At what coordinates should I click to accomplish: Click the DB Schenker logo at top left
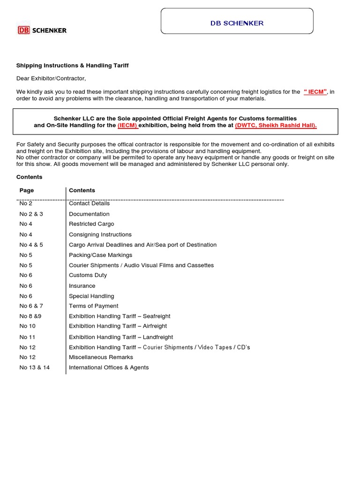42,30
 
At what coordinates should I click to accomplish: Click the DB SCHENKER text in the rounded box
237,23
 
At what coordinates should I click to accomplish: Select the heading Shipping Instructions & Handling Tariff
72,66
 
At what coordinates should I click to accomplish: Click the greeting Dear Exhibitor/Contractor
51,78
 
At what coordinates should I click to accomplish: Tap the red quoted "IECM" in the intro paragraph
315,92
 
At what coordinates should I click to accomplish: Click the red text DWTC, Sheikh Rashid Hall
276,126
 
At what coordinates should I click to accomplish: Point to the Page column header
27,190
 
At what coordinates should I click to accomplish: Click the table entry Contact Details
89,203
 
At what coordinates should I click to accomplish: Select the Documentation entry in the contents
89,214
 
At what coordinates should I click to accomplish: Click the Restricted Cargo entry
91,224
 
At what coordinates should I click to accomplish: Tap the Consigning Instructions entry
100,234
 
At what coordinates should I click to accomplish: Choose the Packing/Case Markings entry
100,255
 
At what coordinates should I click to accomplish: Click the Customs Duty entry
88,275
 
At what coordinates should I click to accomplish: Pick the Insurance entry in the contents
82,285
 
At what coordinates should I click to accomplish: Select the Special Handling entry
91,296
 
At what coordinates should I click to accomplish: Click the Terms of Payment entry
93,306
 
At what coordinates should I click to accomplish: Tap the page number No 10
27,326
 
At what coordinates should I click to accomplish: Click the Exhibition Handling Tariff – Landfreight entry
121,337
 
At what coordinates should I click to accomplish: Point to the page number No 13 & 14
34,367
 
